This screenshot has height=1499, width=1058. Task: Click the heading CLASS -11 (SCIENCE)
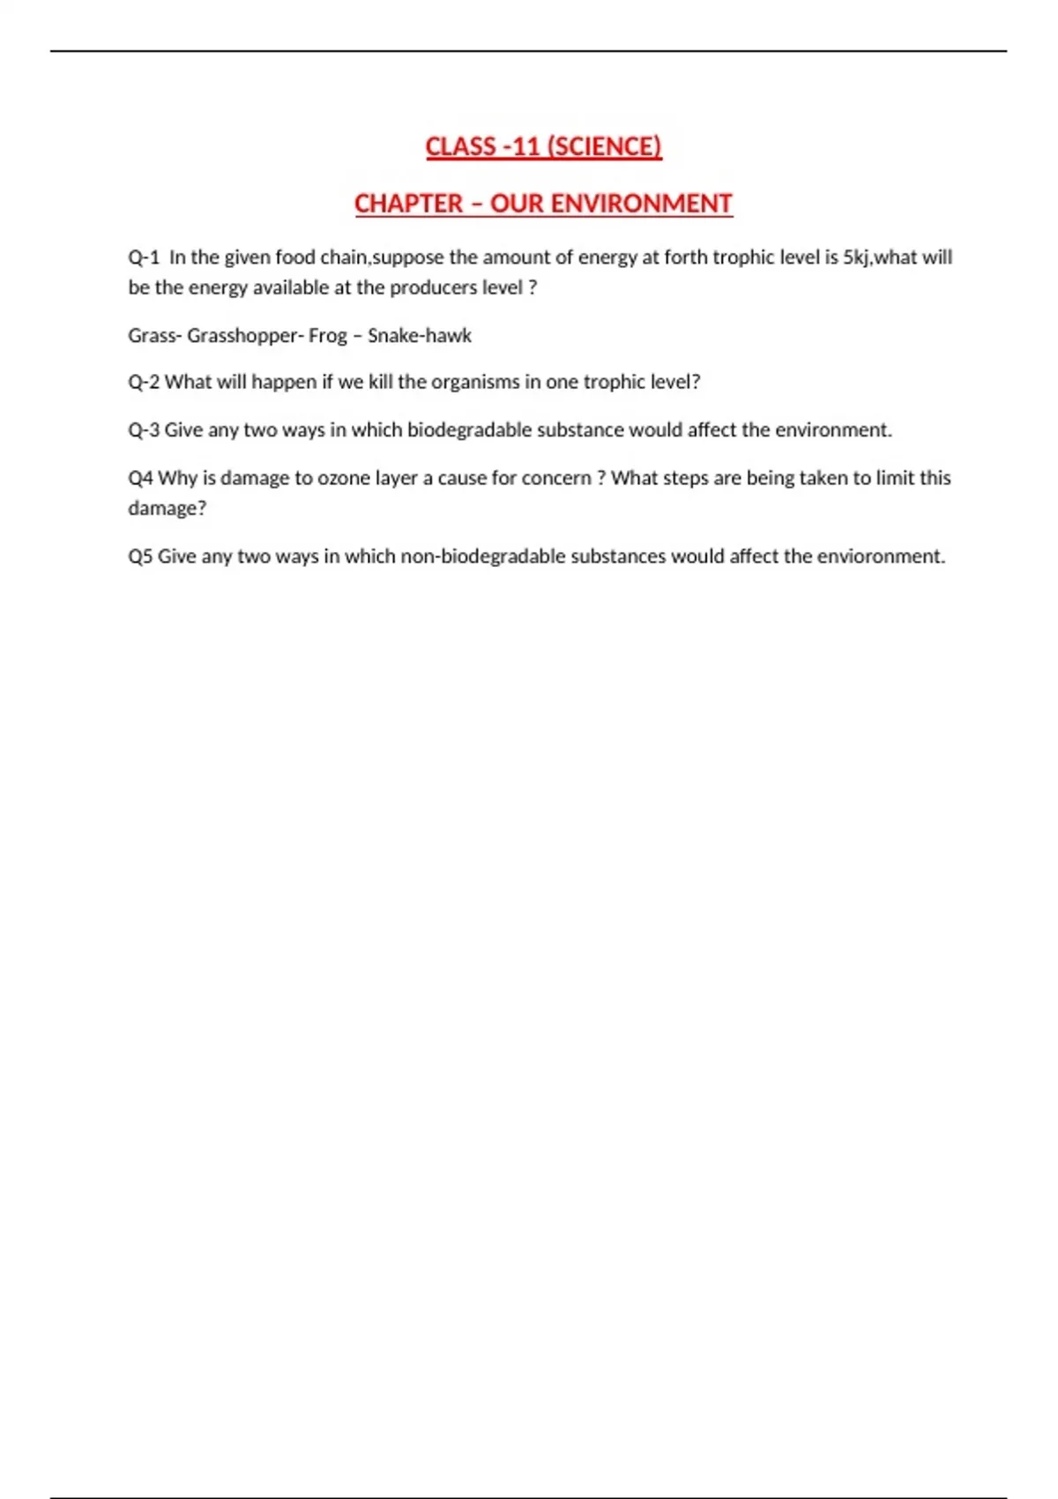coord(543,146)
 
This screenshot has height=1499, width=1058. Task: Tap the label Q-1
coord(144,257)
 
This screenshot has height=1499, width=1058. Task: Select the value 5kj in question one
coord(854,257)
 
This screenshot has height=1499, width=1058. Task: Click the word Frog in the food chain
coord(327,336)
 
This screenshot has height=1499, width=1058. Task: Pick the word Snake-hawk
coord(420,336)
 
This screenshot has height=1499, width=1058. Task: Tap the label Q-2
coord(144,383)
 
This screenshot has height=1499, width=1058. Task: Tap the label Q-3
coord(144,430)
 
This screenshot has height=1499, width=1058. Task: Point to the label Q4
coord(140,478)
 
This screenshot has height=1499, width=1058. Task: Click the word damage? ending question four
coord(167,509)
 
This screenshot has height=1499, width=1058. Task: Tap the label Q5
coord(140,556)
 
